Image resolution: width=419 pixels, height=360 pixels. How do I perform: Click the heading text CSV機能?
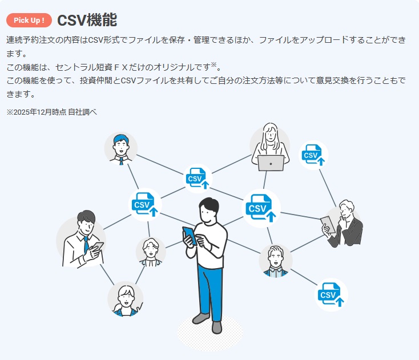[x=87, y=20]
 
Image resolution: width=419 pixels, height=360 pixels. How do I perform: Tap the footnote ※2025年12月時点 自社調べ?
[x=52, y=112]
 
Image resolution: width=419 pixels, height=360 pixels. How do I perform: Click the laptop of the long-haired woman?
[x=270, y=163]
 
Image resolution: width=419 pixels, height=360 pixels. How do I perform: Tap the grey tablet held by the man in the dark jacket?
[x=326, y=224]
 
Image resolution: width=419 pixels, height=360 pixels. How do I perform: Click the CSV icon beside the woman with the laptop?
[x=313, y=155]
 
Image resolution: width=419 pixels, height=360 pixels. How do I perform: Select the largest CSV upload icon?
[x=261, y=208]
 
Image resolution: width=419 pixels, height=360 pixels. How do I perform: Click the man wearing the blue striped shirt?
[x=276, y=262]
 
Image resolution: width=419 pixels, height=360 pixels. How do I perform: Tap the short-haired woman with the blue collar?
[x=125, y=300]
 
